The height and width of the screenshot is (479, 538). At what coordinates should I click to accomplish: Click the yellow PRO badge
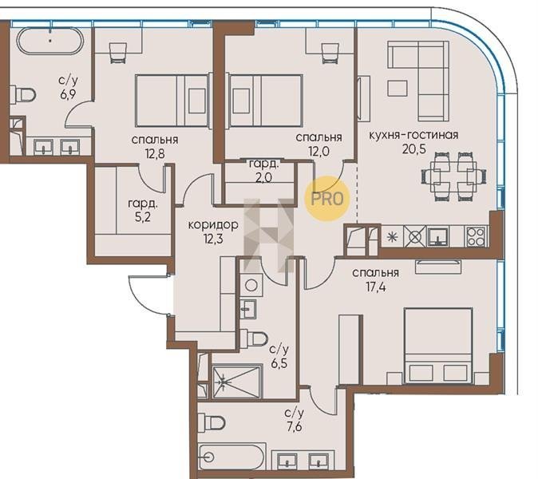coord(327,198)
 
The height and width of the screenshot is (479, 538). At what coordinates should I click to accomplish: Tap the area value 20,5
coord(413,149)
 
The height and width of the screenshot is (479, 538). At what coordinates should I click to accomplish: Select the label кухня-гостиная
coord(413,135)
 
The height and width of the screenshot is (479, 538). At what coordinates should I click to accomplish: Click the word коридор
coord(213,225)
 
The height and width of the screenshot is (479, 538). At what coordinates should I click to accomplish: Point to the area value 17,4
coord(375,287)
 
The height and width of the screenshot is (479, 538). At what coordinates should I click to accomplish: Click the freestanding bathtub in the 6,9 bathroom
coord(49,41)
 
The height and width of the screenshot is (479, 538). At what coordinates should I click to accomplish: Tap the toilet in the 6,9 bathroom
coord(22,94)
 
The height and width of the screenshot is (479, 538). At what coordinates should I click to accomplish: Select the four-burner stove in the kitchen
coord(476,237)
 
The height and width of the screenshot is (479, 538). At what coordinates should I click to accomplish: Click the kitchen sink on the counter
coord(437,237)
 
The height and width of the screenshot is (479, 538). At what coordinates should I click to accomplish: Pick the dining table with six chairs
coord(453,176)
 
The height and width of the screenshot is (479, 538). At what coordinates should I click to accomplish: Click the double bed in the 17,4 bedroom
coord(437,346)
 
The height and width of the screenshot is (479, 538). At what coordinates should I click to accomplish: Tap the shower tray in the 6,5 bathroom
coord(237,382)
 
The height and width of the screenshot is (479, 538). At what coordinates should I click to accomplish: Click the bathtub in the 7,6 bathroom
coord(232,457)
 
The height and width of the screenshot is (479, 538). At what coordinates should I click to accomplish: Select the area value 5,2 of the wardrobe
coord(142,217)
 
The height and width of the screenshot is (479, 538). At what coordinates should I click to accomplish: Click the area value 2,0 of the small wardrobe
coord(263,177)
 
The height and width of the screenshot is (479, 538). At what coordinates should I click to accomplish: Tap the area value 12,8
coord(155,154)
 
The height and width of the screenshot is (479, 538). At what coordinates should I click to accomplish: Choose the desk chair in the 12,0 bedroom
coord(330,53)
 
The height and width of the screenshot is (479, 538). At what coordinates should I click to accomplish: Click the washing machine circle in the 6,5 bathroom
coord(251,285)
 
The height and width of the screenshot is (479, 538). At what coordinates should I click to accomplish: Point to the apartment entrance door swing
coord(149,295)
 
